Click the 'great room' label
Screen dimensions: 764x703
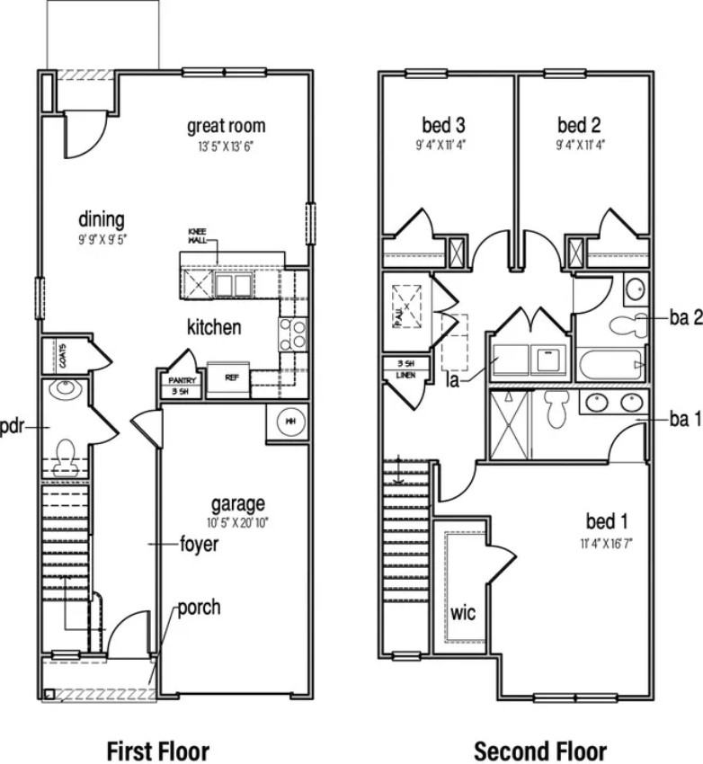click(226, 126)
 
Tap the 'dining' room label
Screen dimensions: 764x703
click(101, 219)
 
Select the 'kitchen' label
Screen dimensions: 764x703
click(214, 326)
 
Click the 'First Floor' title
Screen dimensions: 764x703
click(157, 751)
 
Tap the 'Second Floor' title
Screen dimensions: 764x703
click(540, 751)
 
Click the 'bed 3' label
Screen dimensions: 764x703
click(443, 124)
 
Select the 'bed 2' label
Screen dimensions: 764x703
click(578, 124)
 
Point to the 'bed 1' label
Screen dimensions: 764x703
click(607, 521)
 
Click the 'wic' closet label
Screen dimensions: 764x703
click(463, 614)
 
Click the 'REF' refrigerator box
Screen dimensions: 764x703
click(231, 378)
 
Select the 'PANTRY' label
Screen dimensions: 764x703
click(180, 381)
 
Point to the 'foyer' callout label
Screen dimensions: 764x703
click(199, 544)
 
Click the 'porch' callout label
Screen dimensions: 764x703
click(198, 608)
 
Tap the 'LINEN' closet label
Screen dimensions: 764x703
click(405, 374)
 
